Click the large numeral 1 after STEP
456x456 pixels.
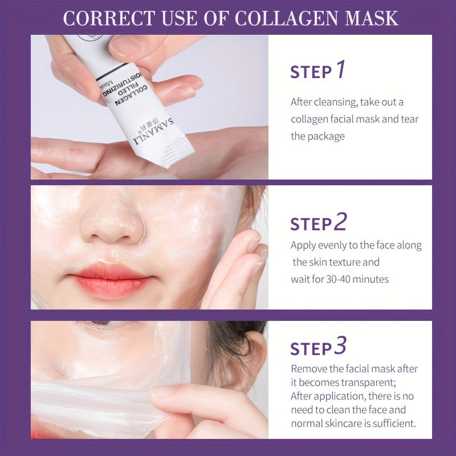coord(340,70)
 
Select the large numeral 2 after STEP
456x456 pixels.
coord(340,222)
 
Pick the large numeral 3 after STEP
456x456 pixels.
coord(340,347)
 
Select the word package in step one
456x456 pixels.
coord(325,136)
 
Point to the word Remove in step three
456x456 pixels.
coord(307,368)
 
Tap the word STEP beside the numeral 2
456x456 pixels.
coord(311,224)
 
